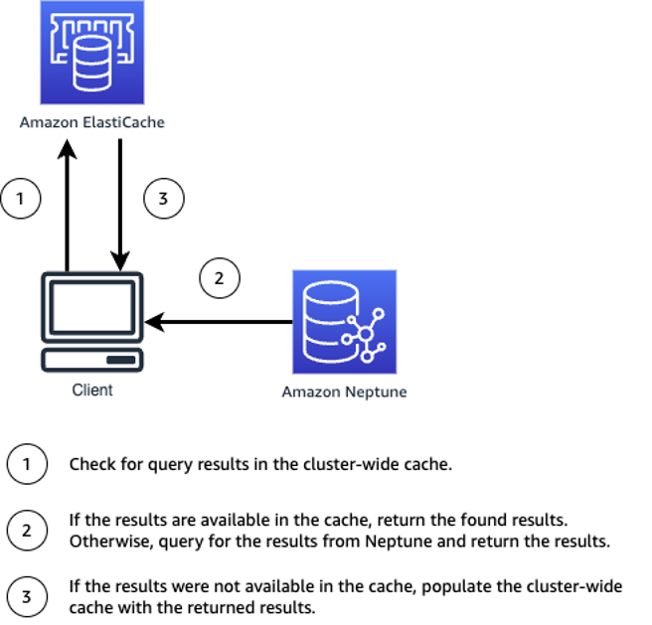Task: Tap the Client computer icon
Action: tap(91, 321)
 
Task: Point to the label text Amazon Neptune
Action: tap(344, 391)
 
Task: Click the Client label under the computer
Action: tap(92, 390)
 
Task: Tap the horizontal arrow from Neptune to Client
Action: tap(219, 322)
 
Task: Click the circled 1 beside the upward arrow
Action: tap(21, 199)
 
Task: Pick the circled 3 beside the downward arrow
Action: tap(164, 199)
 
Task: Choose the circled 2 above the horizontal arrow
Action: tap(220, 278)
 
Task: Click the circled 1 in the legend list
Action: tap(26, 464)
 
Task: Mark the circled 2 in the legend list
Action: tap(26, 530)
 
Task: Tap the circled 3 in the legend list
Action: tap(26, 596)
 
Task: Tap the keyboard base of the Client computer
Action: tap(91, 358)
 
